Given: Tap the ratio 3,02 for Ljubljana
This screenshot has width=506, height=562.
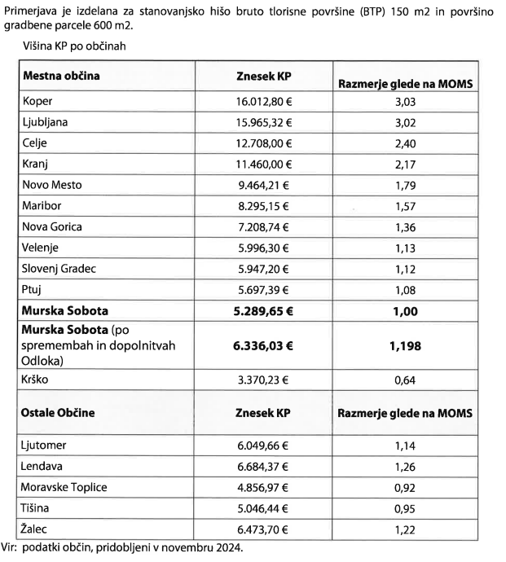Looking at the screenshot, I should tap(405, 122).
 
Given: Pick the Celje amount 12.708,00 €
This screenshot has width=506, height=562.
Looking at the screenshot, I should tap(263, 143).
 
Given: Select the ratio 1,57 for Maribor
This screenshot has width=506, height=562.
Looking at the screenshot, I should tap(405, 205).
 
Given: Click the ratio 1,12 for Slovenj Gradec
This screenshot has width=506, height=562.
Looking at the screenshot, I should tap(405, 268).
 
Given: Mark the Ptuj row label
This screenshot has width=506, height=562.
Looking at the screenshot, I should tap(34, 289).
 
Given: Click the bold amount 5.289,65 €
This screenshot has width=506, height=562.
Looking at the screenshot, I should tap(263, 310).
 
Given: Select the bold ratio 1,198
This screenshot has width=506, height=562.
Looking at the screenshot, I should tap(405, 345).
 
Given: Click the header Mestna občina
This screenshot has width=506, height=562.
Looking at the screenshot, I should tap(62, 76).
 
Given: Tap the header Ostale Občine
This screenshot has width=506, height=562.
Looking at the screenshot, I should tap(59, 412).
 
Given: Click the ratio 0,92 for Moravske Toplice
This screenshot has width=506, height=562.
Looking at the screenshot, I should tap(405, 488).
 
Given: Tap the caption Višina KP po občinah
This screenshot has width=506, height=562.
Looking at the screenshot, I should tap(74, 46).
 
